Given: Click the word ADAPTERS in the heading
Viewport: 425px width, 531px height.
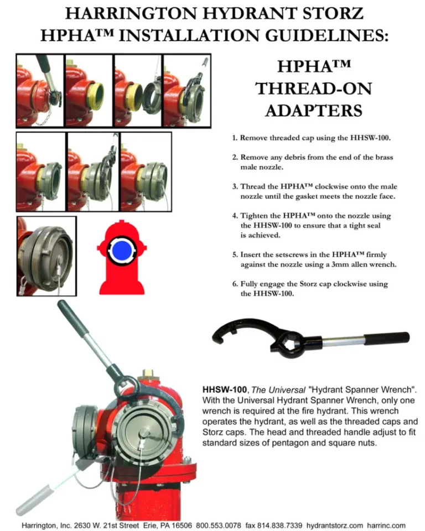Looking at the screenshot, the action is pos(314,111).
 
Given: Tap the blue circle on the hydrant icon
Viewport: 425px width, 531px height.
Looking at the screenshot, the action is pos(122,250).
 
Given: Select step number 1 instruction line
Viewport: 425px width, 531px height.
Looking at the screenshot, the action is pos(312,138).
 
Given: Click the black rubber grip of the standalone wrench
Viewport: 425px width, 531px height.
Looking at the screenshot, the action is pos(387,338).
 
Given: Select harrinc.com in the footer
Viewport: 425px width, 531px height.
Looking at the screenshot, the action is pos(386,525).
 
